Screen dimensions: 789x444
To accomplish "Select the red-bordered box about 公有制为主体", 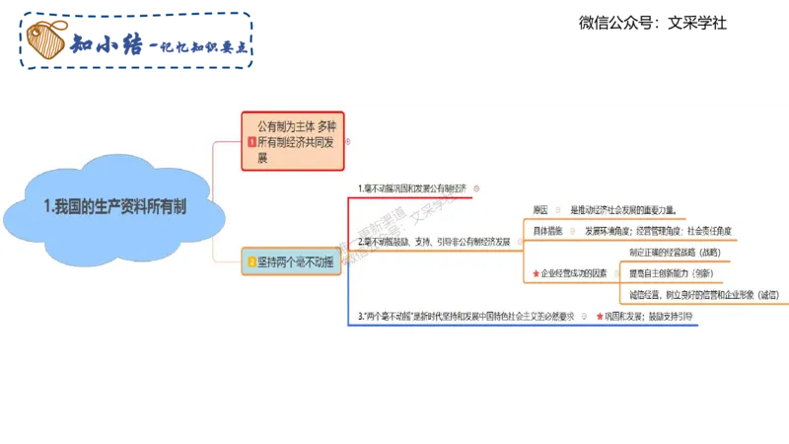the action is [x=293, y=142].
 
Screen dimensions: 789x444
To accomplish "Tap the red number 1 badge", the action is [x=251, y=142].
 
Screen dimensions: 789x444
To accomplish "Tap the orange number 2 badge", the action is [x=251, y=261].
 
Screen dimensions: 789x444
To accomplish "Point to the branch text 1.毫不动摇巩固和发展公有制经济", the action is [x=412, y=187].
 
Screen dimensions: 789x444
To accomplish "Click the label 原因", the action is [x=540, y=210].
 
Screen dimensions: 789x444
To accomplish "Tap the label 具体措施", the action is [x=548, y=231].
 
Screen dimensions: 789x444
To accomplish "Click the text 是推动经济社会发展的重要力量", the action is [x=622, y=210].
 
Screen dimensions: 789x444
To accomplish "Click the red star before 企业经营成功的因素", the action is [x=536, y=273].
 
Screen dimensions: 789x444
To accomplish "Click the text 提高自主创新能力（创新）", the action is [x=671, y=273].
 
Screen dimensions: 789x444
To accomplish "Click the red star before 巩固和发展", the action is [x=599, y=316].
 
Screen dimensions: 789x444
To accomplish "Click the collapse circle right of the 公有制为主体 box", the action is [x=348, y=142].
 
